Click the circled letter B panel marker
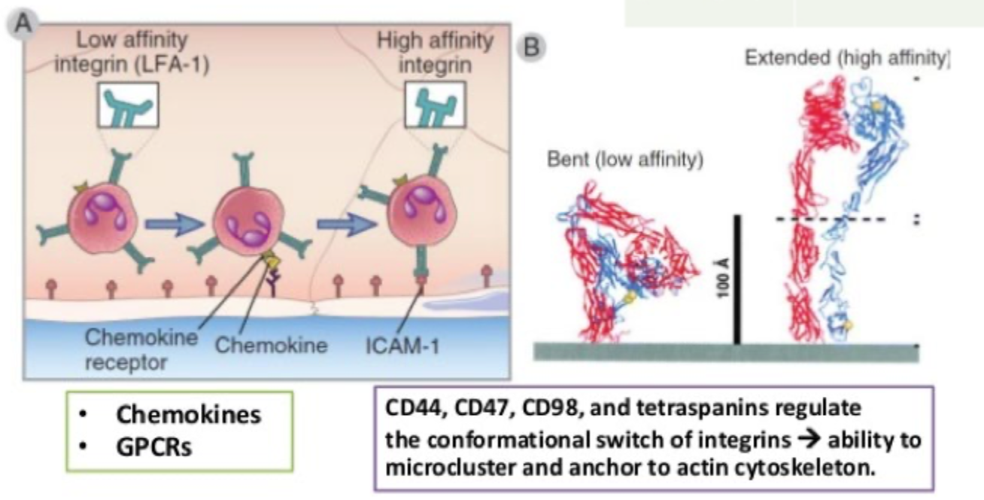coord(530,46)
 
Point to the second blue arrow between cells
coord(342,224)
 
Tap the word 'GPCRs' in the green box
coord(153,445)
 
